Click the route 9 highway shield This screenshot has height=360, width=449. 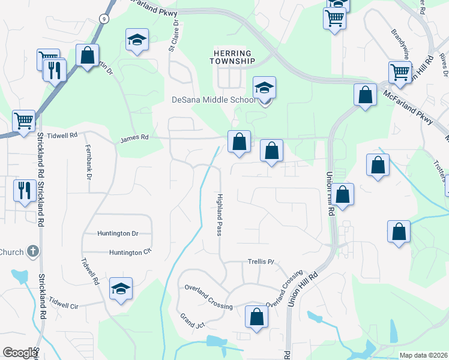(x=104, y=19)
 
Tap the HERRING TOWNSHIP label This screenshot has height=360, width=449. (x=232, y=57)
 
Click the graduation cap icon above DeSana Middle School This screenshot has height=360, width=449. (x=264, y=88)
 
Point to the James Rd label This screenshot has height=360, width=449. (x=134, y=137)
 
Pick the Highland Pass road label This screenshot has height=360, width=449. (x=220, y=214)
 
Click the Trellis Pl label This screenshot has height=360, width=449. (x=261, y=262)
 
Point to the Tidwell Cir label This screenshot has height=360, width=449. (x=65, y=302)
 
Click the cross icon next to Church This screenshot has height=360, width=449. (x=34, y=251)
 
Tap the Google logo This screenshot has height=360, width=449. (x=20, y=353)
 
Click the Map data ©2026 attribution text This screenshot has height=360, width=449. (x=423, y=355)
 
